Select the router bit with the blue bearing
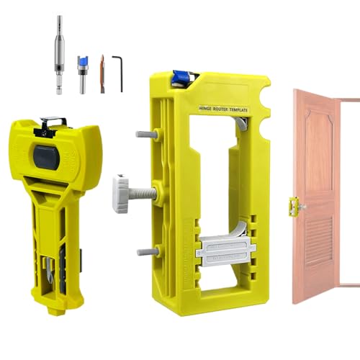[83, 67]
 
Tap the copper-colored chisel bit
[102, 73]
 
